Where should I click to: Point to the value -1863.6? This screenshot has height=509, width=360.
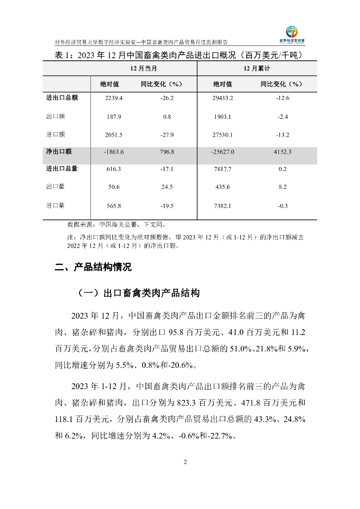coord(113,152)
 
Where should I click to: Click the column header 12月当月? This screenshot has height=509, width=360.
coord(144,68)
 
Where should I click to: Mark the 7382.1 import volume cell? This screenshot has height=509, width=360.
coord(223,205)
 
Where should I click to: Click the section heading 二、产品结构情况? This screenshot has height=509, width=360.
coord(93,267)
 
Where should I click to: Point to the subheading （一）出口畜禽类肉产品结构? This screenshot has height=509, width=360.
coord(138,293)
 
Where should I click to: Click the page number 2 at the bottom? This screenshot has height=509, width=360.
coord(185,463)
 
